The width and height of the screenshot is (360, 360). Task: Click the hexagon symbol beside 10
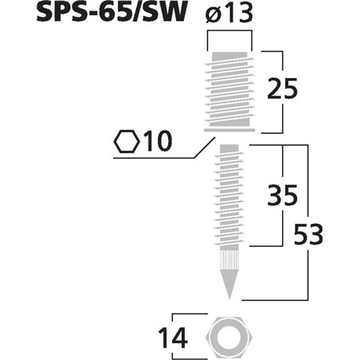point(125,143)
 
